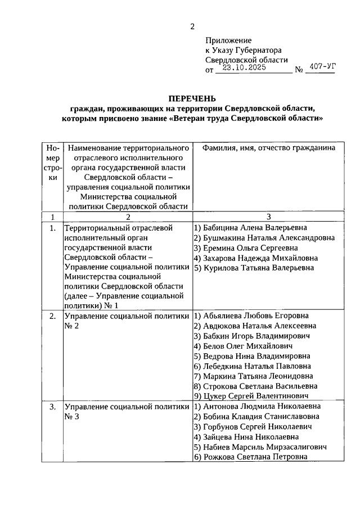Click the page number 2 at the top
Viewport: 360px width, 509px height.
point(192,26)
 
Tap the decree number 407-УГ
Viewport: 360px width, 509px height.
point(322,67)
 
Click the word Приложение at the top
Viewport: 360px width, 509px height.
point(228,40)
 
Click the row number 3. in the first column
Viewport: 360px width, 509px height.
point(52,406)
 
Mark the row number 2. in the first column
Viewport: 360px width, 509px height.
point(52,316)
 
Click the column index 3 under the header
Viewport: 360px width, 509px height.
point(268,217)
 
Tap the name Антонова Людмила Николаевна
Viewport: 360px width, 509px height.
point(256,406)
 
